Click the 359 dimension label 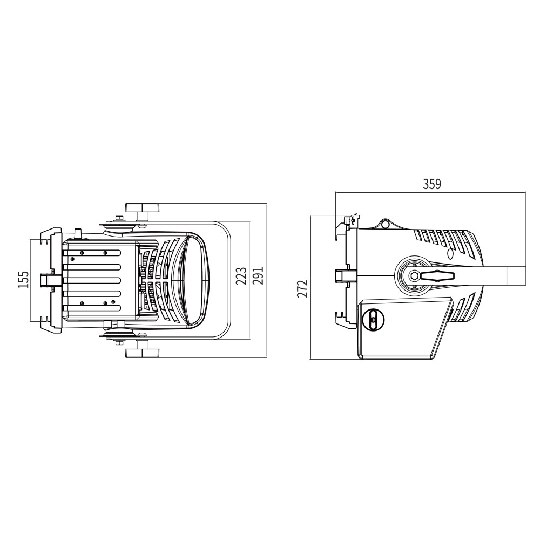[x=431, y=184]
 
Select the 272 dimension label [x=302, y=288]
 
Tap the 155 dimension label [x=23, y=279]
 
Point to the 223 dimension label [x=241, y=276]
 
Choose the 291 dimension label [x=258, y=275]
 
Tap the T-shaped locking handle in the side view [x=437, y=275]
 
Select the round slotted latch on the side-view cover [x=373, y=320]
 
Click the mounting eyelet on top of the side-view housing [x=385, y=224]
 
